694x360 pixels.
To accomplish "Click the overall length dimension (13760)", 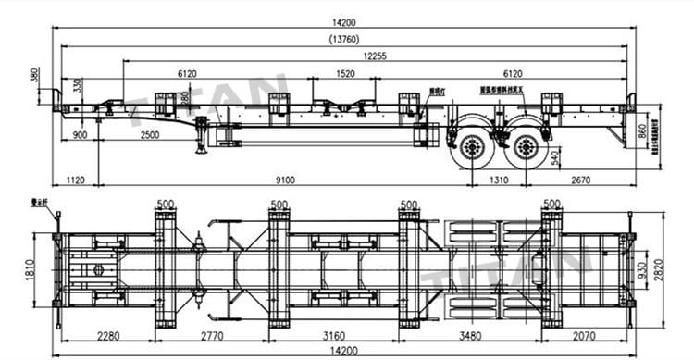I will [x=345, y=39].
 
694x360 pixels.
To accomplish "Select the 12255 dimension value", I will [x=374, y=56].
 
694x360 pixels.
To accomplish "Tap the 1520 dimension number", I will [x=344, y=73].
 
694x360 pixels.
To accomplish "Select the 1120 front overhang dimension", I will [x=76, y=180].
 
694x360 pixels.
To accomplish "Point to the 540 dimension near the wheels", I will [x=554, y=158].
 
